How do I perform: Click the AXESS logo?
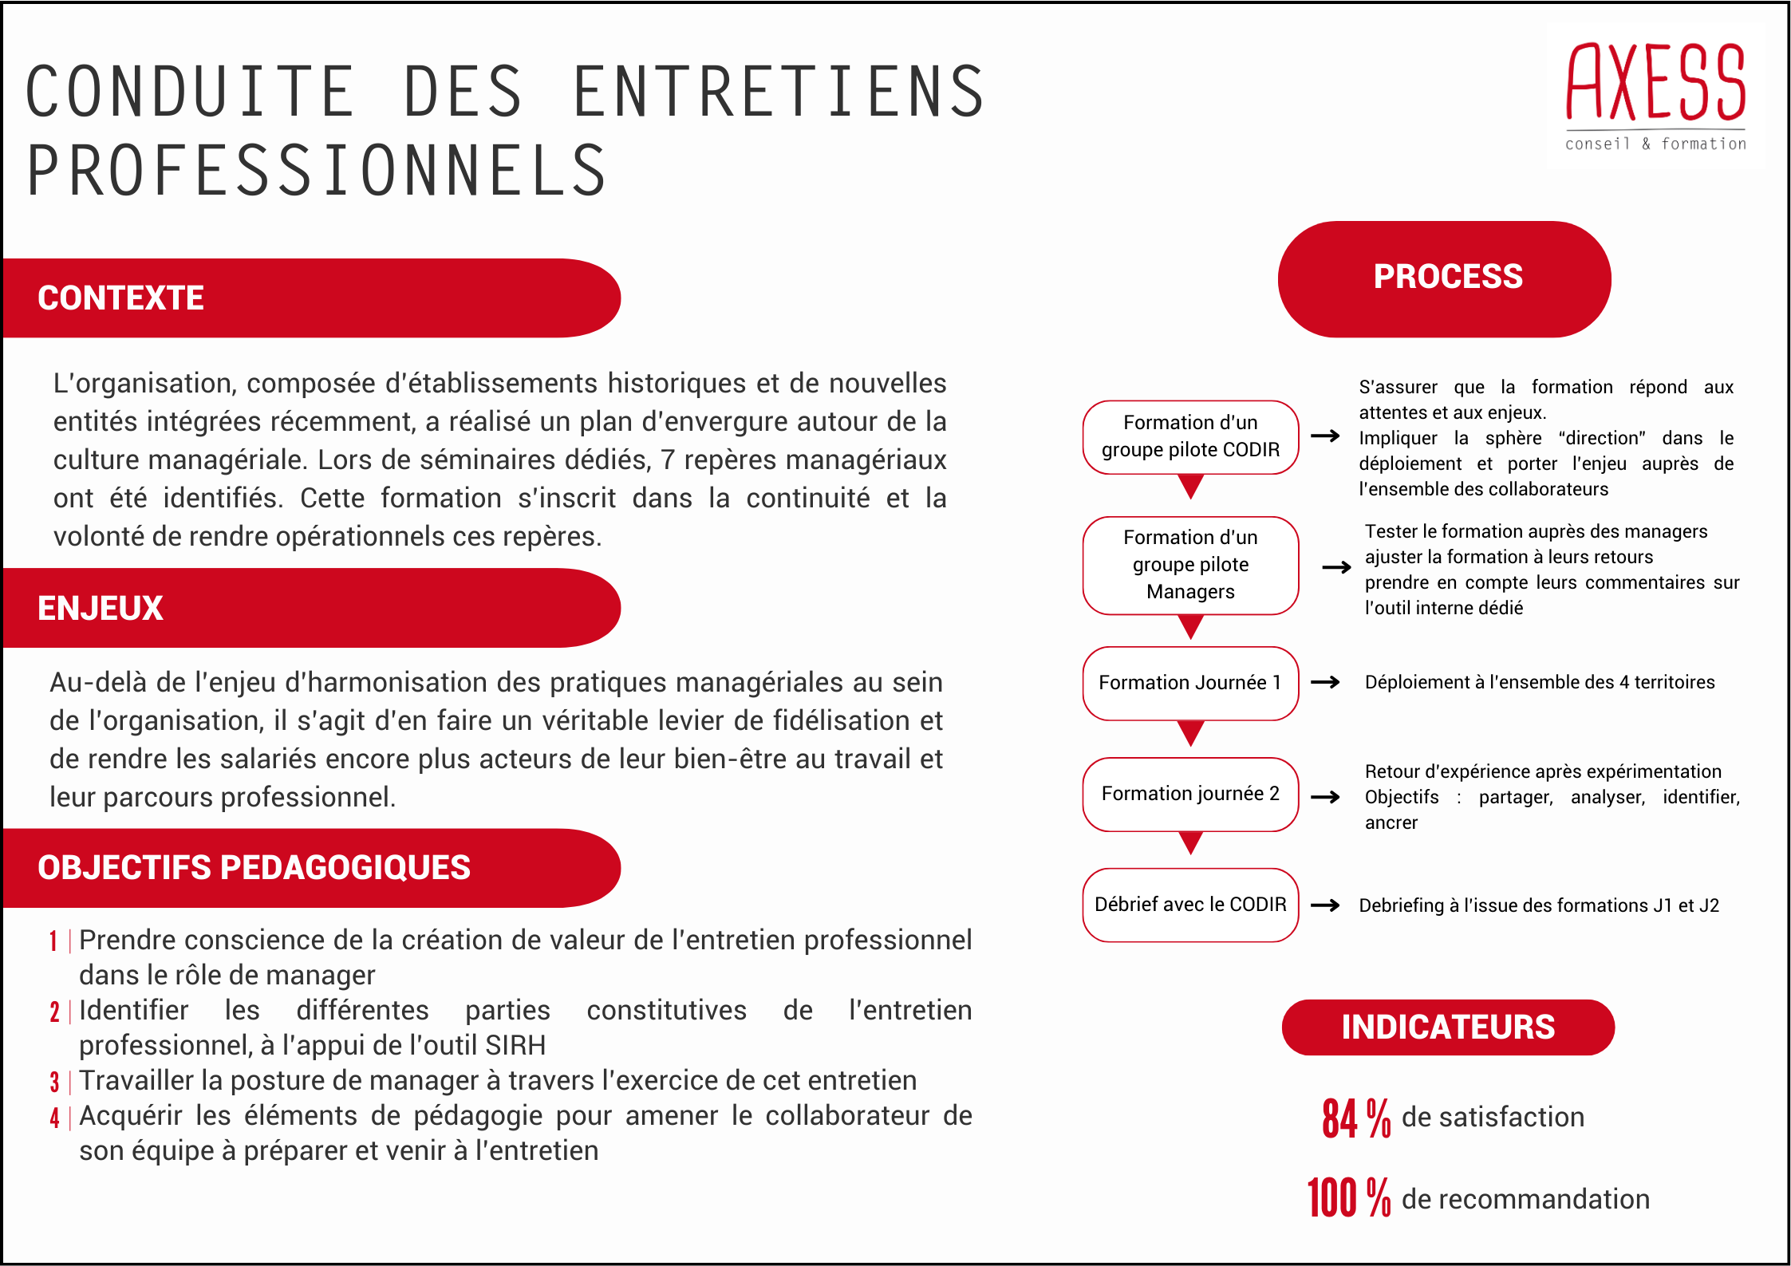(x=1655, y=96)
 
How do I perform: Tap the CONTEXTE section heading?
(x=121, y=298)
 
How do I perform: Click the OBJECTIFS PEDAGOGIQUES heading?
(x=254, y=868)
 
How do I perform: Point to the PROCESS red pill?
(x=1445, y=278)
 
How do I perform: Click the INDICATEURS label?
(x=1448, y=1027)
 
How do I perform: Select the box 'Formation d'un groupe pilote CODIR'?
(x=1190, y=436)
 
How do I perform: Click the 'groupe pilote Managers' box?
(x=1190, y=565)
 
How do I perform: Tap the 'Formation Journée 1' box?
(x=1190, y=683)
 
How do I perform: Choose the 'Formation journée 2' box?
(x=1190, y=794)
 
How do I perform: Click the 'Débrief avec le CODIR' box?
(x=1190, y=905)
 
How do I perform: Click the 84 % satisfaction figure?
(x=1356, y=1118)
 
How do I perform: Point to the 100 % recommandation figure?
(x=1349, y=1198)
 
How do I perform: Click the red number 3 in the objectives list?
(x=54, y=1083)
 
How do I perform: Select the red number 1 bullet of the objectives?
(x=53, y=941)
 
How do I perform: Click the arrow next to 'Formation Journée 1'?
(x=1325, y=682)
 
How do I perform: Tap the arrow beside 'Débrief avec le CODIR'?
(x=1325, y=905)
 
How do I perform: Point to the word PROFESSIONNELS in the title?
(x=317, y=171)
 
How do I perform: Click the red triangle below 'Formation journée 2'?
(x=1190, y=842)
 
